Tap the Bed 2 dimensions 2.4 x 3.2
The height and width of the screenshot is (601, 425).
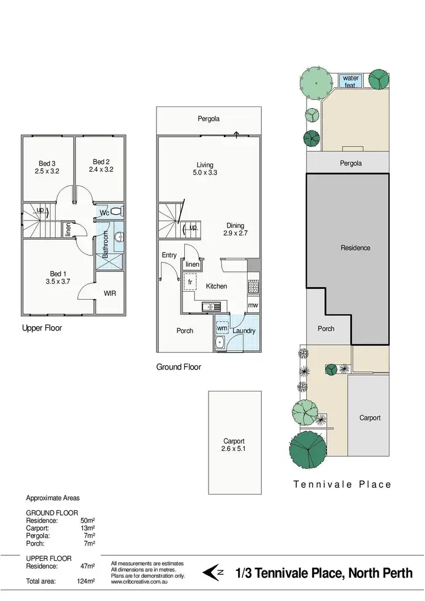click(x=101, y=169)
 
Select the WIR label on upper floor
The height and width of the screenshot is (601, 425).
click(x=110, y=293)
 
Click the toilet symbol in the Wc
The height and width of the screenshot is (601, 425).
click(x=116, y=212)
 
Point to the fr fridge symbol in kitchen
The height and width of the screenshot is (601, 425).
click(x=190, y=281)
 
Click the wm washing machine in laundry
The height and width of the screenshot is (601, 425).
click(x=222, y=328)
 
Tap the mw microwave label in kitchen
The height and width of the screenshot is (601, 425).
click(x=253, y=306)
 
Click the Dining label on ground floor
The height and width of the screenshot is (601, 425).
click(x=235, y=225)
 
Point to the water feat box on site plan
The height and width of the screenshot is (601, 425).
click(x=351, y=81)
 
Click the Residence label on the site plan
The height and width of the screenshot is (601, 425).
click(x=355, y=248)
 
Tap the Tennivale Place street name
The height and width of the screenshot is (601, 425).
click(x=342, y=484)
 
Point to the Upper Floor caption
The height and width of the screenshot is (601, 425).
click(x=42, y=327)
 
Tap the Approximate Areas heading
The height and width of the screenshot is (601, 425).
click(x=53, y=498)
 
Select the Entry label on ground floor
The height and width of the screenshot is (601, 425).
click(x=169, y=255)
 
